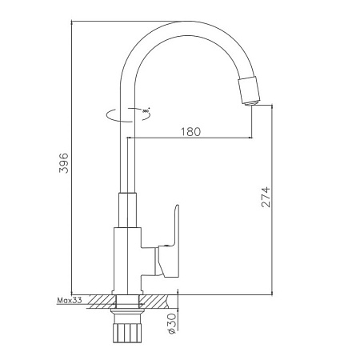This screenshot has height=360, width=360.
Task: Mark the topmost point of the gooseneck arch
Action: [186, 22]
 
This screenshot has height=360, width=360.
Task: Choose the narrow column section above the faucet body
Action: [126, 208]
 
